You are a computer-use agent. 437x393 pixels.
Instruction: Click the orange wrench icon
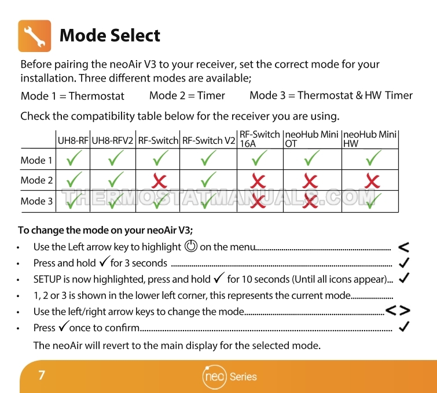point(35,36)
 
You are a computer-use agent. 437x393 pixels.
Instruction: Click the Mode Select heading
point(110,36)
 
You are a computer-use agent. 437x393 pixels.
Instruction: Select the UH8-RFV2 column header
point(112,140)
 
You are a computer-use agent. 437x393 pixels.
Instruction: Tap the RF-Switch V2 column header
point(208,140)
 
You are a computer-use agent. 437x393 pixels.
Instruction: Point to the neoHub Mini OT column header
point(311,139)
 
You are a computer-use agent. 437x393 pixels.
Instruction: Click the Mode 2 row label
point(36,180)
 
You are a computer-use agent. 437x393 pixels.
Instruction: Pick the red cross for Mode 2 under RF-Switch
point(159,181)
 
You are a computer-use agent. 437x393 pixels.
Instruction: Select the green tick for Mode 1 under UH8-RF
point(74,158)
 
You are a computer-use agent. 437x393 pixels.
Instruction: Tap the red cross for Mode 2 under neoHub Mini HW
point(372,181)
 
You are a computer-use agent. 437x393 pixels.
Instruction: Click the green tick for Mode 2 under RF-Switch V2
point(208,180)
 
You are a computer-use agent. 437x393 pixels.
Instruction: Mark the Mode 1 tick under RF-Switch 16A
point(259,158)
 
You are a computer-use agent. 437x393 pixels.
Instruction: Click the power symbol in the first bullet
point(191,246)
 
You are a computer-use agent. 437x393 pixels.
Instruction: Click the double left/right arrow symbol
point(398,310)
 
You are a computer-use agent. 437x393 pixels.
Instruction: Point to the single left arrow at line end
point(403,247)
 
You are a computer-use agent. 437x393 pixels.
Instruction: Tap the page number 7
point(42,375)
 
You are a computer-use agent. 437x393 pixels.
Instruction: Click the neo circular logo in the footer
point(214,377)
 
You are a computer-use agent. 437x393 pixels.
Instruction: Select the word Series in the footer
point(243,377)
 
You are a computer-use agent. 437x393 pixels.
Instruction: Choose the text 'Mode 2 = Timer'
point(187,95)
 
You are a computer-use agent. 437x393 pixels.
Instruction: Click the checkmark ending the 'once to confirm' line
point(404,327)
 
